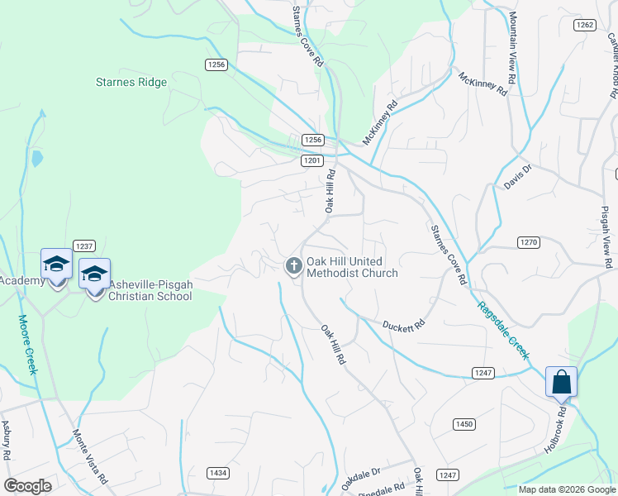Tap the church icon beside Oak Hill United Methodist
[x=292, y=266]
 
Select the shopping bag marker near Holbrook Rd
[x=561, y=383]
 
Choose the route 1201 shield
[x=311, y=160]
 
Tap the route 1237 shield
[x=84, y=246]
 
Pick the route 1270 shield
[x=530, y=242]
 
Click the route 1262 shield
[x=585, y=25]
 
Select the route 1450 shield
[x=464, y=424]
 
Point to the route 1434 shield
[x=218, y=472]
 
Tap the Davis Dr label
[x=517, y=177]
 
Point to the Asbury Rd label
[x=6, y=440]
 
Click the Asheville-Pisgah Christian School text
[x=150, y=290]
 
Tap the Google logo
[x=27, y=486]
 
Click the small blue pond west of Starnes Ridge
[x=36, y=158]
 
